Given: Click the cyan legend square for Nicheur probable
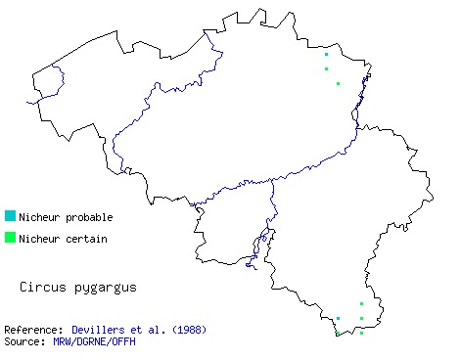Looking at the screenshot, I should [10, 215].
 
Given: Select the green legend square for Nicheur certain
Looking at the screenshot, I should [10, 237].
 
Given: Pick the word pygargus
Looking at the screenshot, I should [102, 289].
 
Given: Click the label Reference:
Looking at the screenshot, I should [34, 330].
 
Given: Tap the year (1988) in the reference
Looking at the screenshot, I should [187, 330].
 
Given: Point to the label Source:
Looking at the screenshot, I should [24, 341].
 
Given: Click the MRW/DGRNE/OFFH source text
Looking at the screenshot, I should [95, 341].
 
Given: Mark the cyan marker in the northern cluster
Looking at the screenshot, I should [326, 55].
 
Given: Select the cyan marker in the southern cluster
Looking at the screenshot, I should [338, 318].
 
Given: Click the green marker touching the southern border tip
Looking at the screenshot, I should [338, 334].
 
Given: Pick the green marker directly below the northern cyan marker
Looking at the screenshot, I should [326, 68].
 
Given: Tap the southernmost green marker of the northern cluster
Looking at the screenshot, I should [338, 83].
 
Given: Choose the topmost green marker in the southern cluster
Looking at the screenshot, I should [361, 303].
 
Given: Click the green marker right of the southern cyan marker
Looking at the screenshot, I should [361, 318].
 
